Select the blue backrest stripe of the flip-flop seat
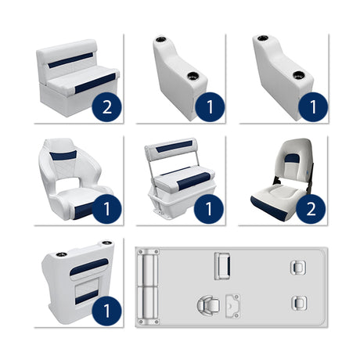click(175, 146)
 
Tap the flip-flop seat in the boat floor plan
click(221, 265)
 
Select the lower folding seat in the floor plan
click(297, 302)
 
